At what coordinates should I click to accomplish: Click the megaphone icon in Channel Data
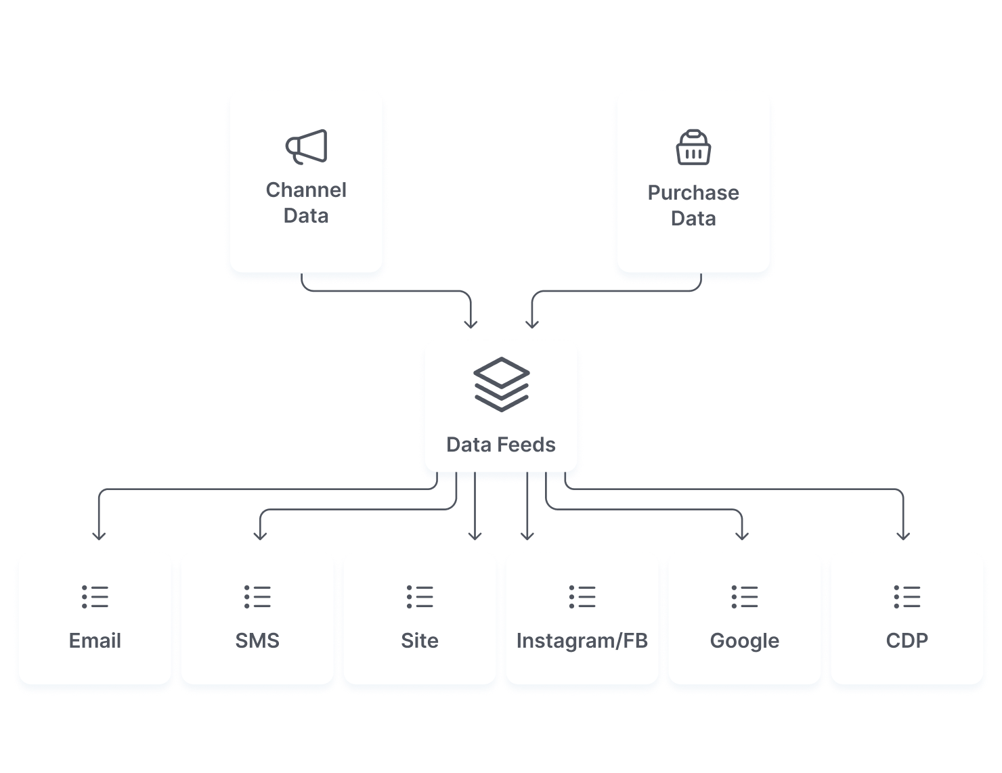tap(307, 146)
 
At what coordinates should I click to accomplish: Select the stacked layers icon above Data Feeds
tap(501, 384)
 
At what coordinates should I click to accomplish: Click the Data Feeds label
tap(501, 445)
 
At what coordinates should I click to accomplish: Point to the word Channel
tap(306, 190)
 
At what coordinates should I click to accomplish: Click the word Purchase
tap(693, 193)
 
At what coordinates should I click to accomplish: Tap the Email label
tap(95, 640)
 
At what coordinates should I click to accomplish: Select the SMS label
tap(257, 640)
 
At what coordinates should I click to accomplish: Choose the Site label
tap(420, 640)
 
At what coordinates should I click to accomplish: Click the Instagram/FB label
tap(582, 640)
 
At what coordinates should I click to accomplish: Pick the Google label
tap(745, 640)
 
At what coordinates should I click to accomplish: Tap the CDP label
tap(907, 640)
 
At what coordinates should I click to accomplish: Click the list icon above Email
tap(95, 597)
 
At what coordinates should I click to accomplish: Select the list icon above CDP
tap(907, 597)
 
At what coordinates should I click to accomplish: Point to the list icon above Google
tap(745, 597)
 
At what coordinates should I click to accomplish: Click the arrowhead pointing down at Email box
tap(99, 535)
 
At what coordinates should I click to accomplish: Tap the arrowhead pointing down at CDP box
tap(903, 535)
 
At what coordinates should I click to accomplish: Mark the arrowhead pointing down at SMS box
tap(261, 535)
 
